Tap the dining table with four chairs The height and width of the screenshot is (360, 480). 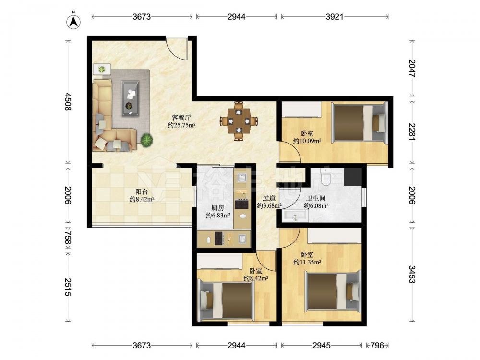tap(239, 121)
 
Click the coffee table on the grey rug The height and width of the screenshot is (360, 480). tap(131, 98)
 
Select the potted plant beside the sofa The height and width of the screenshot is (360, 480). tap(146, 140)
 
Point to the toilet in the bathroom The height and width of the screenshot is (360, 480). tap(324, 177)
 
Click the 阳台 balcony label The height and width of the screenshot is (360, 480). tap(142, 192)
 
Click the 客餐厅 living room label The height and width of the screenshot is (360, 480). tap(181, 118)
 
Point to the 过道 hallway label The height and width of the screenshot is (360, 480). tap(269, 198)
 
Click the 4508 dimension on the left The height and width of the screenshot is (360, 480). tap(68, 102)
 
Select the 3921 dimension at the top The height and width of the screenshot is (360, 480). tap(335, 17)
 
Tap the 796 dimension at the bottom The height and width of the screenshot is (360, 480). tap(377, 345)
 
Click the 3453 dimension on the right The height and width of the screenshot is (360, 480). tap(412, 274)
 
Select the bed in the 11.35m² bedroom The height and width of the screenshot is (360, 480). tap(333, 292)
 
